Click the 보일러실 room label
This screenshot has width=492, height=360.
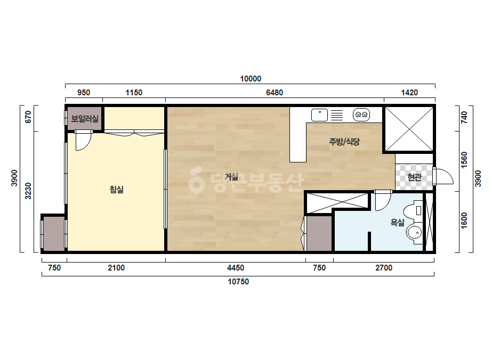point(85,119)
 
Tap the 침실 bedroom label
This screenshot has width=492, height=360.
point(116,190)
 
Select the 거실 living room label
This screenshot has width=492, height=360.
point(231,177)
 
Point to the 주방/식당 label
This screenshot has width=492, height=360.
point(344,142)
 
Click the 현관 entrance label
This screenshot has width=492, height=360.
point(414,177)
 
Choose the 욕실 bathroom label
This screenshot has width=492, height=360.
point(397,223)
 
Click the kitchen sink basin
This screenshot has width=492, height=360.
point(319,115)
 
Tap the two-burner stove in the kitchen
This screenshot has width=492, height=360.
point(361,115)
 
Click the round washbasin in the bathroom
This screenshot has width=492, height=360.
point(415,233)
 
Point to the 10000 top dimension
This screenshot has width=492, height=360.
point(251,79)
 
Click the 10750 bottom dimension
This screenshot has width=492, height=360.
point(238,282)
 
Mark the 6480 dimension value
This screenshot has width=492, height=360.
point(275,93)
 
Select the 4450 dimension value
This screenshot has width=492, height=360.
point(235,268)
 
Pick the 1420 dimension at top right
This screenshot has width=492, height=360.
point(409,93)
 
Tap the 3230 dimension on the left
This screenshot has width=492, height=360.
point(28,191)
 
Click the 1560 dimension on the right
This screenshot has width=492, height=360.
point(464,160)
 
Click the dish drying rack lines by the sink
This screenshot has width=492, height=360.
point(337,115)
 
